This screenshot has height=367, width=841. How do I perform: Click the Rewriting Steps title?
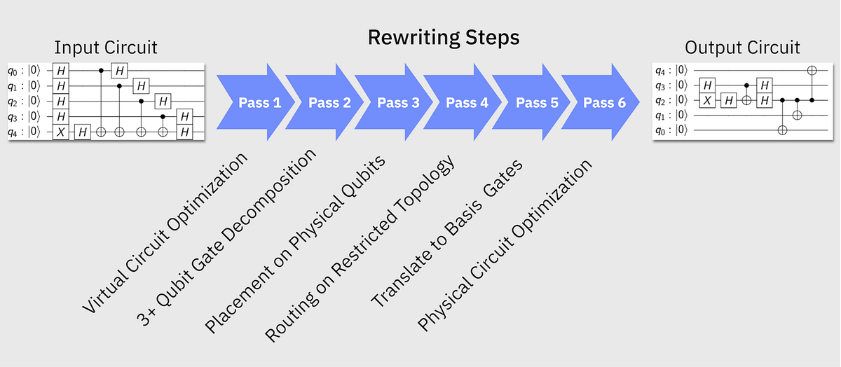pos(444,37)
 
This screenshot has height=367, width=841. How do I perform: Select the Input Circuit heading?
pos(106,48)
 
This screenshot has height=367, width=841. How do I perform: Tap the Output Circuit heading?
pos(742,48)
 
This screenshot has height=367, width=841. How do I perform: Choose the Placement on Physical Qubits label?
pos(295,242)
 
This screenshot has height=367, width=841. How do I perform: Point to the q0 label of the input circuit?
pos(15,71)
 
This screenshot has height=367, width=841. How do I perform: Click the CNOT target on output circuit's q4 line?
pos(812,70)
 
